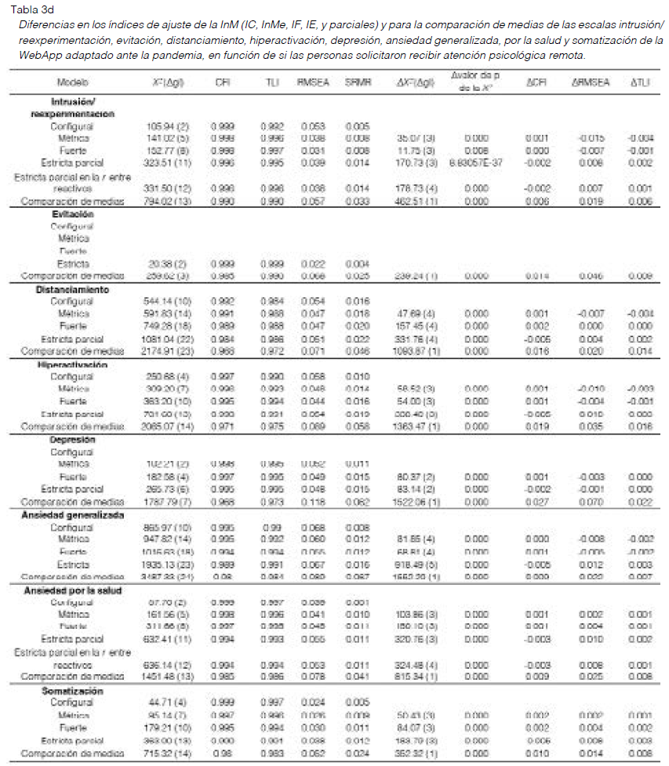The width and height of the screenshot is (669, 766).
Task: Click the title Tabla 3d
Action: click(26, 9)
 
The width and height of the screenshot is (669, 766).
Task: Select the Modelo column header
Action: click(72, 82)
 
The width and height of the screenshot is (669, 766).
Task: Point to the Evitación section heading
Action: click(73, 213)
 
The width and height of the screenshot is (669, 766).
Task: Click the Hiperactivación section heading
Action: click(72, 365)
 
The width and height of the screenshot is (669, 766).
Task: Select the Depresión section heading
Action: click(72, 440)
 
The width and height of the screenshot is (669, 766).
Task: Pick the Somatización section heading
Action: click(72, 692)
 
